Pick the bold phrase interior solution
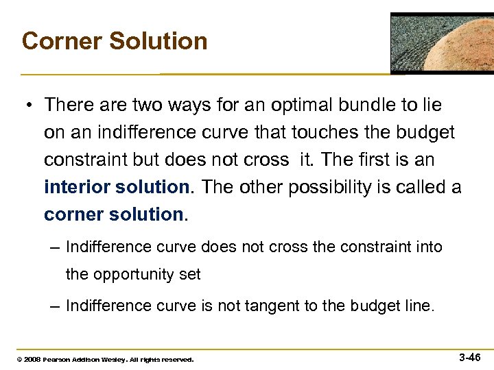[115, 186]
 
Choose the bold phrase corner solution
[114, 214]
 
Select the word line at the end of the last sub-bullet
[419, 306]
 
